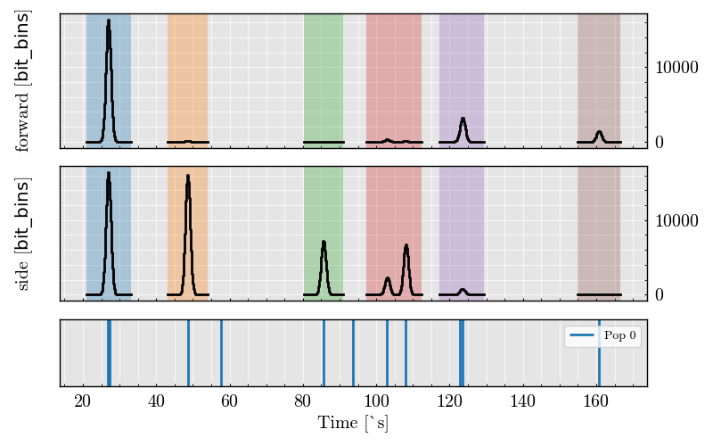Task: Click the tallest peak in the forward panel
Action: [109, 21]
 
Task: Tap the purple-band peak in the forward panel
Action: [463, 119]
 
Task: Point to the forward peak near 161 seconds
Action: [599, 132]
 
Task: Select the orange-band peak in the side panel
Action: [188, 177]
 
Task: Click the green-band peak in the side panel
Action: [324, 242]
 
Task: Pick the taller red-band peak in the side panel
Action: [406, 245]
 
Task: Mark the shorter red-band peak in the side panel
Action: [388, 278]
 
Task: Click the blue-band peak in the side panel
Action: [109, 174]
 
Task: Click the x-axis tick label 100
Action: [376, 402]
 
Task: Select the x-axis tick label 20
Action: [83, 402]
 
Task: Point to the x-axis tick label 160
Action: [596, 402]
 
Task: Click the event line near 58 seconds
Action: [221, 352]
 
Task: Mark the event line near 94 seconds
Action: [353, 352]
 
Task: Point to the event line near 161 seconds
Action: [599, 352]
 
